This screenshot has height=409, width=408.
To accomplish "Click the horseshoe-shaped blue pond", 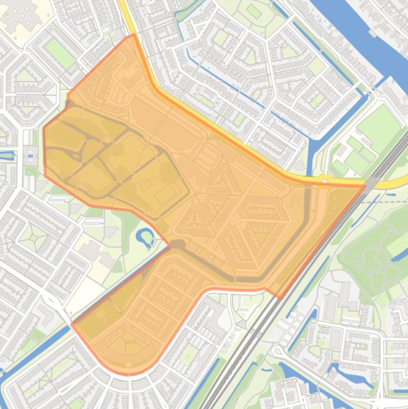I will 145,237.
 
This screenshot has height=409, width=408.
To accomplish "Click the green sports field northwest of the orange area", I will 60,53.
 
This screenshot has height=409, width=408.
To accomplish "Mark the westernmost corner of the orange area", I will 44,127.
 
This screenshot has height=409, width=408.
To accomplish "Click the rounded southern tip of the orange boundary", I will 127,373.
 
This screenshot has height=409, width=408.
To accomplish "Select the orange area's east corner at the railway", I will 365,185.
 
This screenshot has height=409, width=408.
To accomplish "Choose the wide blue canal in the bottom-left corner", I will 21,367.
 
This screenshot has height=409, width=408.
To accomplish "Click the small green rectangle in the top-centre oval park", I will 254,11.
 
